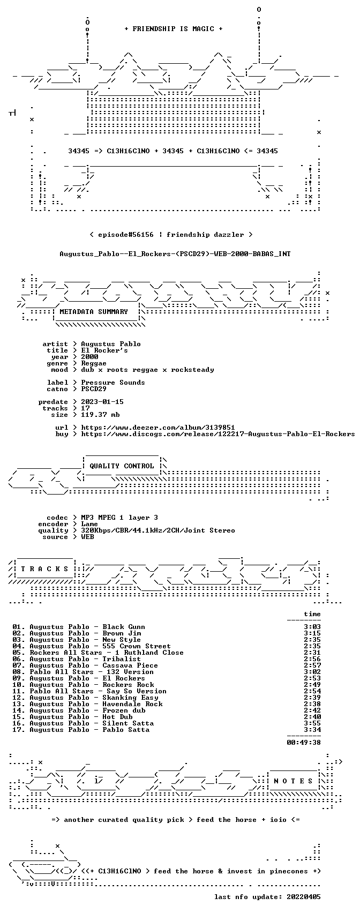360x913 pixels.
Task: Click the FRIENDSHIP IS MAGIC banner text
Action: click(x=173, y=29)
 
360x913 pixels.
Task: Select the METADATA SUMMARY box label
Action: click(x=94, y=312)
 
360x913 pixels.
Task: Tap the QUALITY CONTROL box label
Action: click(x=122, y=466)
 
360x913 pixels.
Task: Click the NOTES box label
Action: click(x=293, y=781)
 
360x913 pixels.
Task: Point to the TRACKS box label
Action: click(x=45, y=569)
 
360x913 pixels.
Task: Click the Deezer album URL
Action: click(x=158, y=428)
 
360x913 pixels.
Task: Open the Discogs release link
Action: click(x=217, y=434)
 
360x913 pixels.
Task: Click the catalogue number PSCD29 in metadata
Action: click(x=94, y=389)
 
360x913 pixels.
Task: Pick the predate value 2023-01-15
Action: click(x=102, y=402)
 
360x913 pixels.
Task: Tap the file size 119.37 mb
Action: click(x=100, y=415)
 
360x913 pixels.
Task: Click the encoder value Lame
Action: click(x=89, y=524)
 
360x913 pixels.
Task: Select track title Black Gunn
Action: click(x=124, y=627)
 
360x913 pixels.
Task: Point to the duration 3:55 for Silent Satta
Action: click(x=312, y=723)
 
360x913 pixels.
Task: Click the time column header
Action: click(x=312, y=614)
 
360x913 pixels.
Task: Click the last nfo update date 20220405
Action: click(x=304, y=897)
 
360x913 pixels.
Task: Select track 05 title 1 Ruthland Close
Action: click(x=149, y=653)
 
